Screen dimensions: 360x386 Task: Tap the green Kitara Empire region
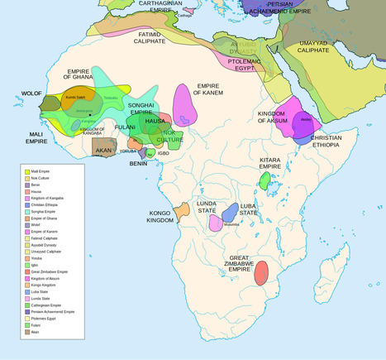click(264, 180)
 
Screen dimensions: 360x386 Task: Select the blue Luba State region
click(230, 212)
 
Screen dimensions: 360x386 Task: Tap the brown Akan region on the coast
click(104, 149)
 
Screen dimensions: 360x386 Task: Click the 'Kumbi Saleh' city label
click(75, 98)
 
